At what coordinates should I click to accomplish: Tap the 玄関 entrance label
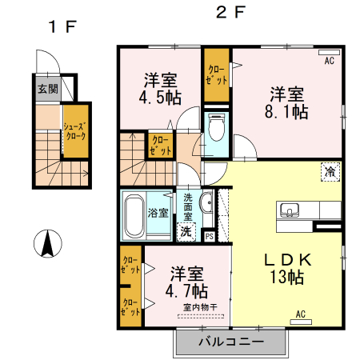pyautogui.click(x=46, y=89)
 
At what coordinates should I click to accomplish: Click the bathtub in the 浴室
pyautogui.click(x=135, y=214)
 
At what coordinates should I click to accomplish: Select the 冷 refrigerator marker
pyautogui.click(x=330, y=170)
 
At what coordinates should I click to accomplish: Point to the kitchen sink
pyautogui.click(x=290, y=211)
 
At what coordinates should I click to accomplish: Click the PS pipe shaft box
pyautogui.click(x=210, y=235)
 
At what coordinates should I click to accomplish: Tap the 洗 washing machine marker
pyautogui.click(x=185, y=232)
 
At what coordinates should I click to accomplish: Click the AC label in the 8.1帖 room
pyautogui.click(x=329, y=60)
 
